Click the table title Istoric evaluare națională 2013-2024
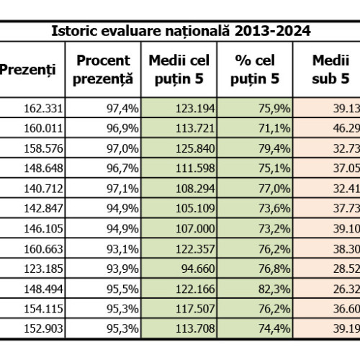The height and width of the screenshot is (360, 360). pos(180,32)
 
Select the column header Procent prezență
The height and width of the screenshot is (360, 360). pos(103,70)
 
